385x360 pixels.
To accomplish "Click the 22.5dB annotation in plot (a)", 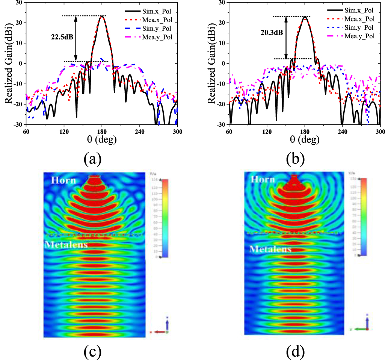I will [x=62, y=37].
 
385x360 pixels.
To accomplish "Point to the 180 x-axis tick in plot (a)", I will [x=102, y=131].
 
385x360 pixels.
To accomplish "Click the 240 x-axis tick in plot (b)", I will [x=343, y=131].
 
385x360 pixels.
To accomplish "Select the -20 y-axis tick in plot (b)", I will [x=221, y=104].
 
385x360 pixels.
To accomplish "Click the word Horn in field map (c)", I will [x=63, y=180].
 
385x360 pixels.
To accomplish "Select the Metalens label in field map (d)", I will [x=270, y=249].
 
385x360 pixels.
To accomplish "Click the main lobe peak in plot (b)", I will [x=305, y=17].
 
